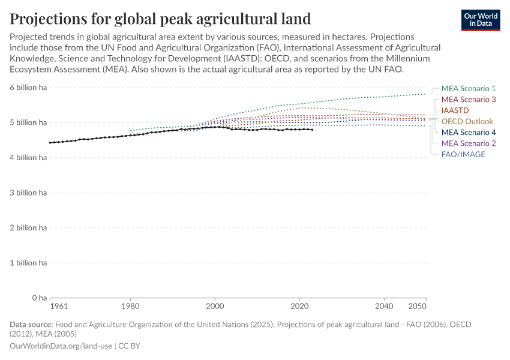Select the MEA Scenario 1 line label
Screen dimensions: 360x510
(x=468, y=88)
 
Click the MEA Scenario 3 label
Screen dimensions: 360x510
(x=468, y=99)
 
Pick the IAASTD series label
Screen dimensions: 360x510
(x=455, y=110)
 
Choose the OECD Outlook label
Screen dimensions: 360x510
(x=467, y=121)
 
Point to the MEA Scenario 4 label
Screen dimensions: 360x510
(x=468, y=132)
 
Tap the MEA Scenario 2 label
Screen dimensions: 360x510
(x=468, y=143)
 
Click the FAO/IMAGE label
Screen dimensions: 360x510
(x=463, y=154)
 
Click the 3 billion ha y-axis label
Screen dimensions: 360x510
(x=27, y=193)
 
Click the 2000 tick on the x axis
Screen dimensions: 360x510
(x=215, y=307)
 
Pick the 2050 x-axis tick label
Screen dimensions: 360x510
(x=418, y=307)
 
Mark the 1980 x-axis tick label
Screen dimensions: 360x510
(x=130, y=307)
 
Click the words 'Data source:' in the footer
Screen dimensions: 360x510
(x=31, y=324)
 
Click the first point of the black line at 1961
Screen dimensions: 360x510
(x=50, y=143)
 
